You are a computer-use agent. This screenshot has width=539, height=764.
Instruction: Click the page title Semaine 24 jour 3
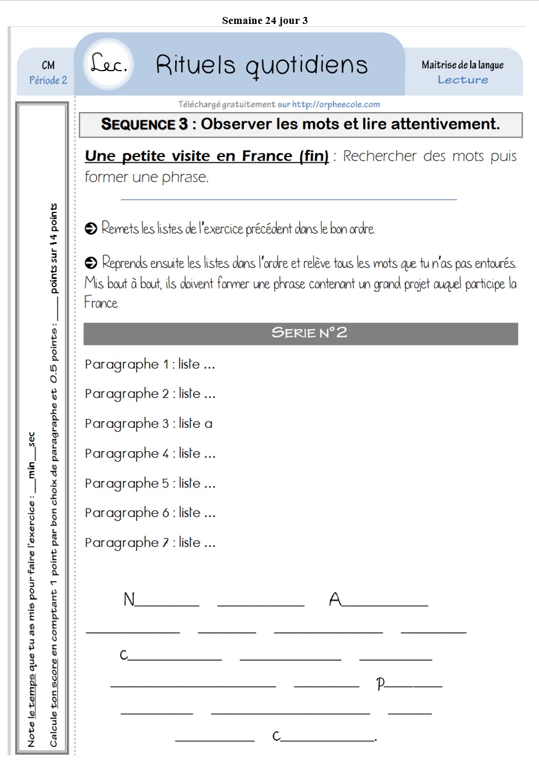coord(264,21)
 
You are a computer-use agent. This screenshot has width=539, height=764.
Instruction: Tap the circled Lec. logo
coord(110,65)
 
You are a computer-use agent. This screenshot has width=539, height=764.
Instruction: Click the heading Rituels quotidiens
coord(262,65)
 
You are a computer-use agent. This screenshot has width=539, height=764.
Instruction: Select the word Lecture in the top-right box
coord(463,80)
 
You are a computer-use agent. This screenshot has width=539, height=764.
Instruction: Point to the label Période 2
coord(48,80)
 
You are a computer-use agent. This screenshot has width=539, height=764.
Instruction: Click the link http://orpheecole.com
coord(336,104)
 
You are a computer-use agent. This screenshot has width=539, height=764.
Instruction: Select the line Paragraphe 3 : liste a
coord(149,424)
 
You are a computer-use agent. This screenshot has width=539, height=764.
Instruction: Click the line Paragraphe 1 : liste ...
coord(150,364)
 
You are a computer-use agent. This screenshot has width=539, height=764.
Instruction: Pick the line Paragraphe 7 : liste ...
coord(150,543)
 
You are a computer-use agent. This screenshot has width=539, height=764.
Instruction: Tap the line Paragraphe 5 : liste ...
coord(150,483)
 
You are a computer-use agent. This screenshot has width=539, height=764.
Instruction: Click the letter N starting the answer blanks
coord(129,599)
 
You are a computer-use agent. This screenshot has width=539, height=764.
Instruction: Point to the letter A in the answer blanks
coord(335,599)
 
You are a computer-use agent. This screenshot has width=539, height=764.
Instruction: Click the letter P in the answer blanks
coord(381,684)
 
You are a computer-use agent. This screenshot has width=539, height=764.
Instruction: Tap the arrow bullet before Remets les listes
coord(90,229)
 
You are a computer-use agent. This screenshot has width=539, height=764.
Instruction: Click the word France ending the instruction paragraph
coord(101,303)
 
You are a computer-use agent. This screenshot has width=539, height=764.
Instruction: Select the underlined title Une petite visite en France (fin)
coord(206,156)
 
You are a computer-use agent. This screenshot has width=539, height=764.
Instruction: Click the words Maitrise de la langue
coord(463,65)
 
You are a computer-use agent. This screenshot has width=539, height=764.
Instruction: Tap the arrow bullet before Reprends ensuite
coord(90,263)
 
